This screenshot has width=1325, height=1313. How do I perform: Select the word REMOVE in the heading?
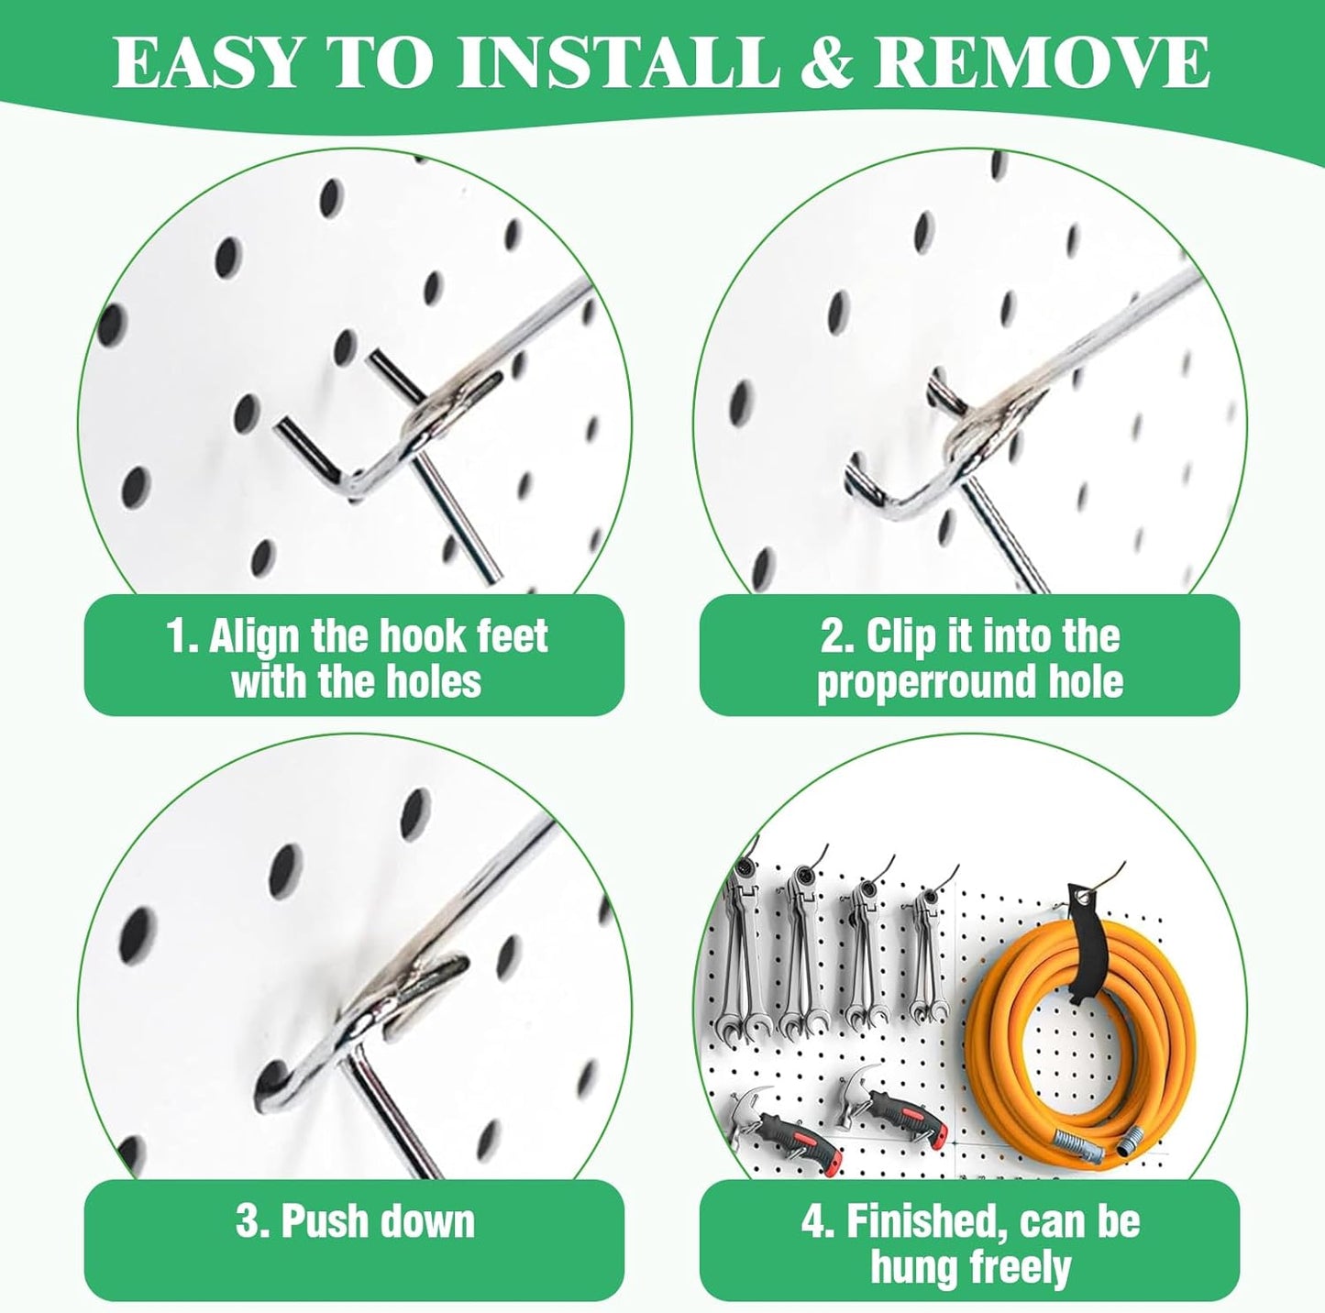(x=1041, y=62)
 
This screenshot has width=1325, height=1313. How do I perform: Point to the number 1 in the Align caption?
(x=176, y=636)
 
